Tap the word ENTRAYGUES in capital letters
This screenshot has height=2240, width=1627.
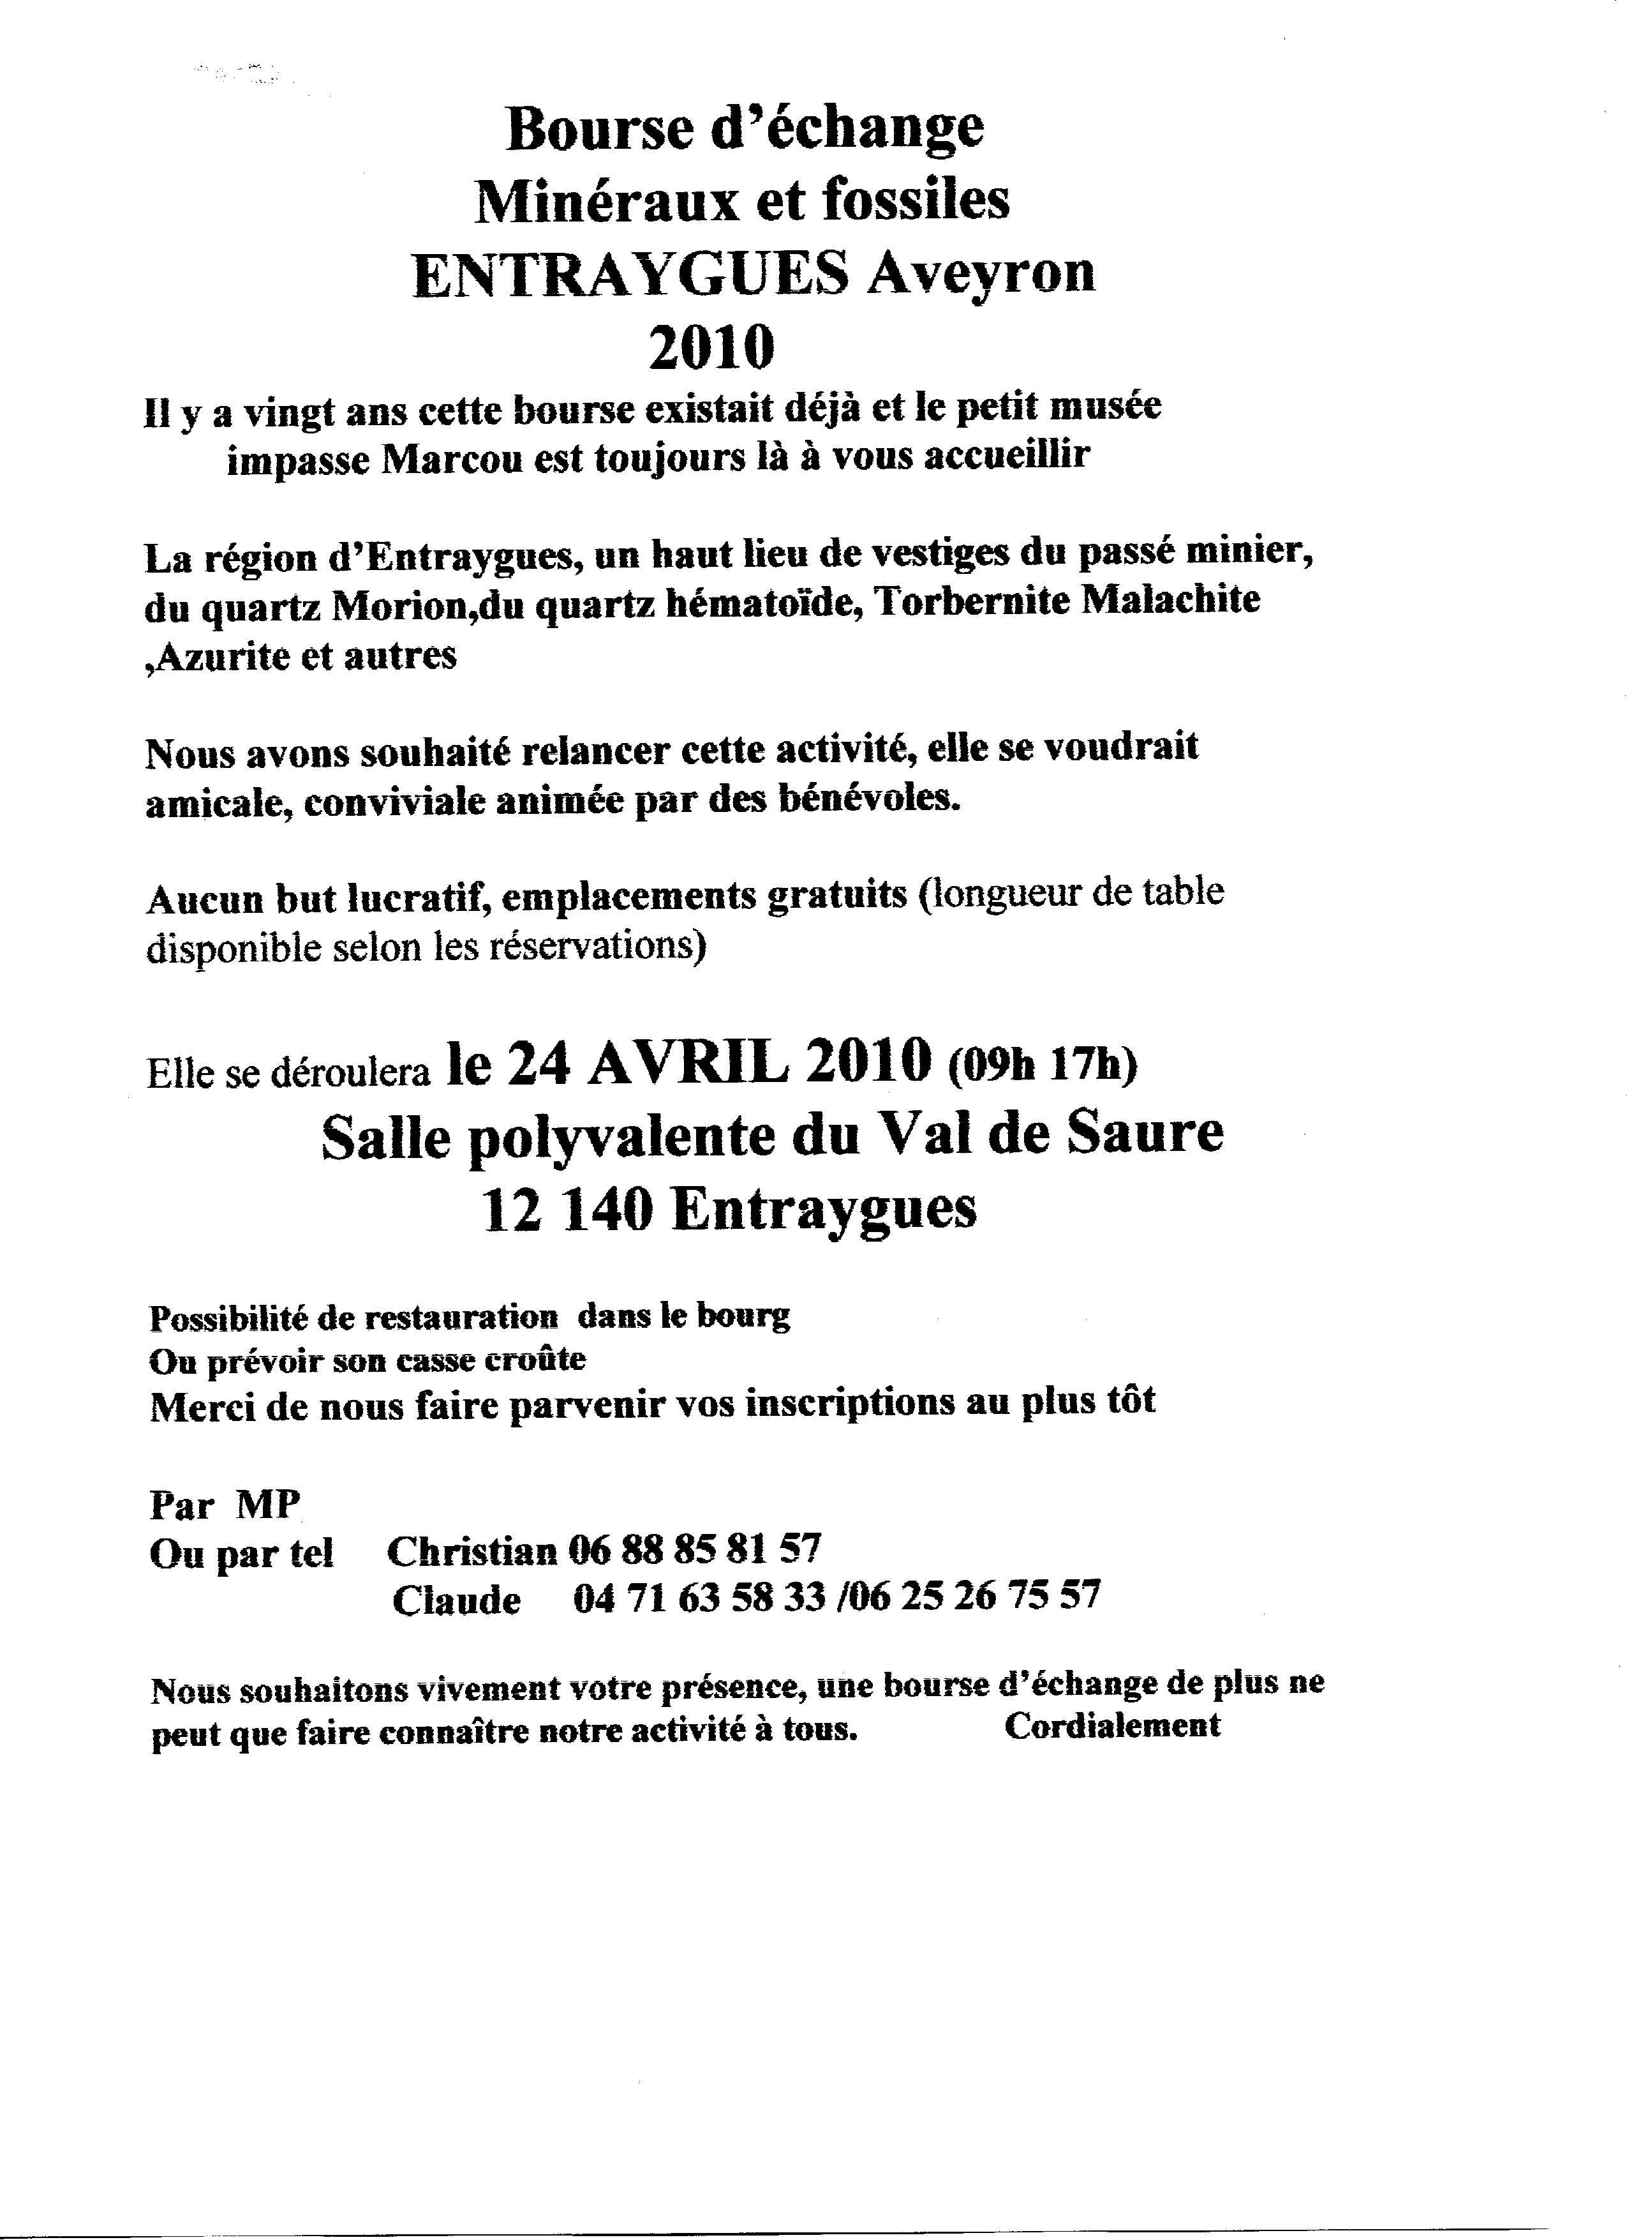(x=631, y=274)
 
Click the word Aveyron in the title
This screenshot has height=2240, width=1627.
(x=981, y=274)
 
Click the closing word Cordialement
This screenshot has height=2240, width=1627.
(x=1113, y=1724)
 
